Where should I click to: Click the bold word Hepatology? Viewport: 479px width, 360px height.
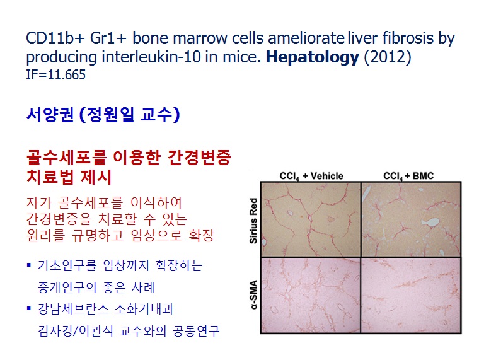(312, 57)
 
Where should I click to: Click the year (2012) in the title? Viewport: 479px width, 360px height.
(388, 57)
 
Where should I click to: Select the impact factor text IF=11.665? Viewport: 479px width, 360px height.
(55, 75)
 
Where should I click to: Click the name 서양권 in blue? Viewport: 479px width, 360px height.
(50, 115)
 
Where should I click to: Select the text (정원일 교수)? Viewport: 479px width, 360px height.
(130, 115)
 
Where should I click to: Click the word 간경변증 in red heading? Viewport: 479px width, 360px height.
(200, 158)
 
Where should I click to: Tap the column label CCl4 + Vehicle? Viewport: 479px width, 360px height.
(311, 177)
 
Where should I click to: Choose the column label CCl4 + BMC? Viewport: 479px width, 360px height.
(408, 177)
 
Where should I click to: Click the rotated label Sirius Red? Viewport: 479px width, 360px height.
(253, 221)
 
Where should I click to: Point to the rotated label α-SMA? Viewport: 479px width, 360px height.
(253, 294)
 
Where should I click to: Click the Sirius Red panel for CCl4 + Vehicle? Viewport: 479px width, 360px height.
(311, 219)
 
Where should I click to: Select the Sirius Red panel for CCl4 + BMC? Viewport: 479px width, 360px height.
(411, 219)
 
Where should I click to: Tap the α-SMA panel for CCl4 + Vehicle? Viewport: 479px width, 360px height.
(311, 295)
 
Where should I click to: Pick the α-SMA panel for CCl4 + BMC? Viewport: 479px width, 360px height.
(411, 295)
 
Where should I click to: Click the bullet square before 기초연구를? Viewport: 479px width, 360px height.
(29, 265)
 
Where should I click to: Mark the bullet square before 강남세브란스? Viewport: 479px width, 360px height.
(29, 308)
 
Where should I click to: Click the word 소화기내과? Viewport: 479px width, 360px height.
(144, 309)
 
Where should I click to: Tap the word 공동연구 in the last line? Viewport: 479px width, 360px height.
(196, 330)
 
